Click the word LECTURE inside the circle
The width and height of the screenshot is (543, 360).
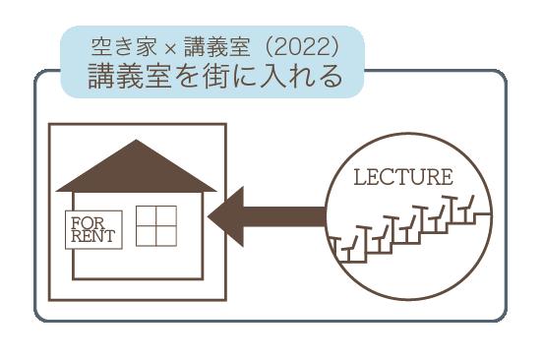click(x=403, y=177)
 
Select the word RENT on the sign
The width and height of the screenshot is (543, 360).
click(x=92, y=236)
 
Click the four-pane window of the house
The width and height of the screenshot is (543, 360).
click(x=156, y=226)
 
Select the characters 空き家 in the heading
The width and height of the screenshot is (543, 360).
click(x=125, y=47)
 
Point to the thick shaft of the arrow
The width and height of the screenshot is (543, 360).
click(x=284, y=216)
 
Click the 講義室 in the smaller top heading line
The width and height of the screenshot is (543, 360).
click(x=217, y=47)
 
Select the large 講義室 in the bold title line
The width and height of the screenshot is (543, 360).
click(x=130, y=76)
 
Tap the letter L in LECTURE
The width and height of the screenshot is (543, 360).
click(x=360, y=177)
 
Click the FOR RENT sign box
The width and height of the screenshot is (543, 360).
click(x=93, y=230)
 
